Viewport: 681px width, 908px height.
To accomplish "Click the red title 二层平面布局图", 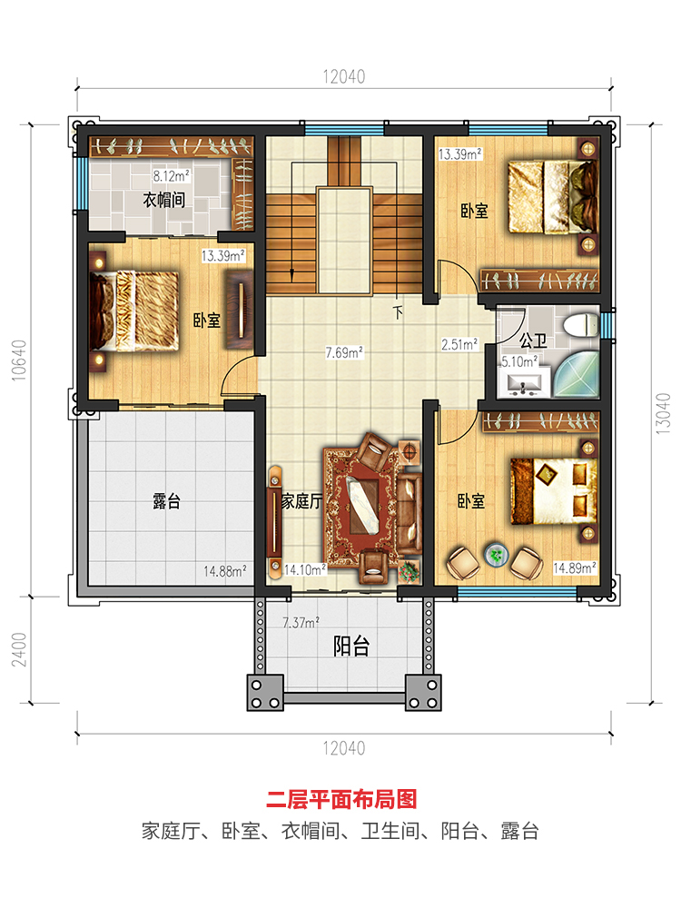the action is tap(341, 799).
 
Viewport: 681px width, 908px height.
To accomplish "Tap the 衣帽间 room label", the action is tap(163, 201).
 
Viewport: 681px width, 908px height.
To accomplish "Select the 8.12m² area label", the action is tap(171, 175).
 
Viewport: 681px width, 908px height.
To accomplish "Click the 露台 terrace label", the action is tap(167, 501).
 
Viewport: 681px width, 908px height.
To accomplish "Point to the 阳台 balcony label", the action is tap(350, 646).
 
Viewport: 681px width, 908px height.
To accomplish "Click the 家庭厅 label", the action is tap(301, 501).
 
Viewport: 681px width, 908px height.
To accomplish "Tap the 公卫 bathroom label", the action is tap(533, 340).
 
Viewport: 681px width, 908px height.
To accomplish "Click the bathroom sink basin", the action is tap(525, 384).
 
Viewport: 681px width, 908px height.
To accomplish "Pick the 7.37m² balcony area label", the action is tap(301, 623).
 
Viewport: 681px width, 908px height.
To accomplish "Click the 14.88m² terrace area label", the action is tap(224, 571).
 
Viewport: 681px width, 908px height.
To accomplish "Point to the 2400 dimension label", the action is tap(19, 649).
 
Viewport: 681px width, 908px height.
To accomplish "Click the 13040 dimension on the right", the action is tap(663, 413).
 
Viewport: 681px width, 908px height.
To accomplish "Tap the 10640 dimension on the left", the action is tap(19, 360).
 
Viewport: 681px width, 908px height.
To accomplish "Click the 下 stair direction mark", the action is tap(398, 312).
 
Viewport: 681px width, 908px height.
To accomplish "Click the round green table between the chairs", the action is tap(496, 555).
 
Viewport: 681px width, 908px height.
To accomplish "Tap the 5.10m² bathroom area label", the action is tap(519, 362).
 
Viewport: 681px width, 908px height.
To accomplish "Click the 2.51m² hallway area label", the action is tap(459, 344).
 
